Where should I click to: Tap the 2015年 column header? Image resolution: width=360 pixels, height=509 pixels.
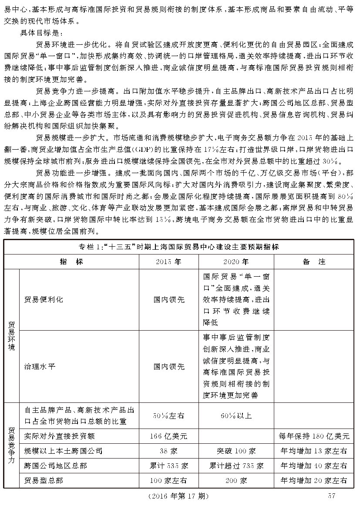tap(169, 262)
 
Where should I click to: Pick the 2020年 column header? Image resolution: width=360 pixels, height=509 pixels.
tap(236, 262)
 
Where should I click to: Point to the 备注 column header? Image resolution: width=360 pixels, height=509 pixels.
tap(314, 262)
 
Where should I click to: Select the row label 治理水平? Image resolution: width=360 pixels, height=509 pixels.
tap(40, 366)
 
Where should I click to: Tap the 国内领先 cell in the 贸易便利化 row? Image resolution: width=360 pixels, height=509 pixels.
tap(169, 300)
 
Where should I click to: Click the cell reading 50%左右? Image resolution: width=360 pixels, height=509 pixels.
tap(169, 416)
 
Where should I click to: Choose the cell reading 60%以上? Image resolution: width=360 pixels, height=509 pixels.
tap(236, 416)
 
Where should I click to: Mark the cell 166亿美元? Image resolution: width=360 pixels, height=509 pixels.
tap(169, 435)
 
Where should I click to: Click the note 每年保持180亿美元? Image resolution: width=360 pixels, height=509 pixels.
tap(314, 435)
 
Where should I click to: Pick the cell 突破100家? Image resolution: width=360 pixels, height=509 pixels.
tap(236, 451)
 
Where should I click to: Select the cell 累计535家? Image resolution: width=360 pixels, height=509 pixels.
tap(169, 466)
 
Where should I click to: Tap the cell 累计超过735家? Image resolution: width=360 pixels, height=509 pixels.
tap(236, 466)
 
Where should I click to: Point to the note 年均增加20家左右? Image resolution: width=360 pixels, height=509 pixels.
tap(314, 481)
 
